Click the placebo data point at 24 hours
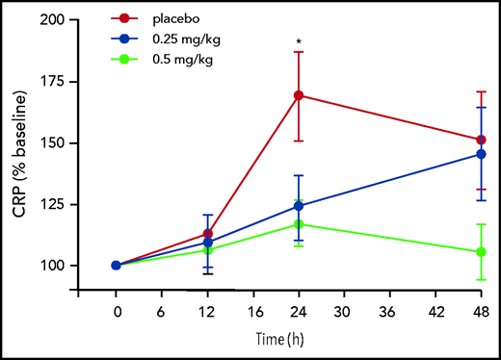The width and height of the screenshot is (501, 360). (x=299, y=95)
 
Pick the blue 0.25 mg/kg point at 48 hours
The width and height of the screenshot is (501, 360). (x=481, y=154)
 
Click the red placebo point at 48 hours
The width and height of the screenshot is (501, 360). (x=481, y=140)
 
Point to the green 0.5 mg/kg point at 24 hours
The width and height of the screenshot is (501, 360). (x=299, y=224)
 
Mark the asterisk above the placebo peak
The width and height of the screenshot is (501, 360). (x=299, y=42)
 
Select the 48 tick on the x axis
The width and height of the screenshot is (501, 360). (x=481, y=312)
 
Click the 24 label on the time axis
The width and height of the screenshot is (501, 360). (x=299, y=312)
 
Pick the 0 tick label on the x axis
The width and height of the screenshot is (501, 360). (x=118, y=312)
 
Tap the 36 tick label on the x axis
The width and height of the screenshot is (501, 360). (x=390, y=312)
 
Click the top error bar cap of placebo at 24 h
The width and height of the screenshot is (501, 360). (x=299, y=52)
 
